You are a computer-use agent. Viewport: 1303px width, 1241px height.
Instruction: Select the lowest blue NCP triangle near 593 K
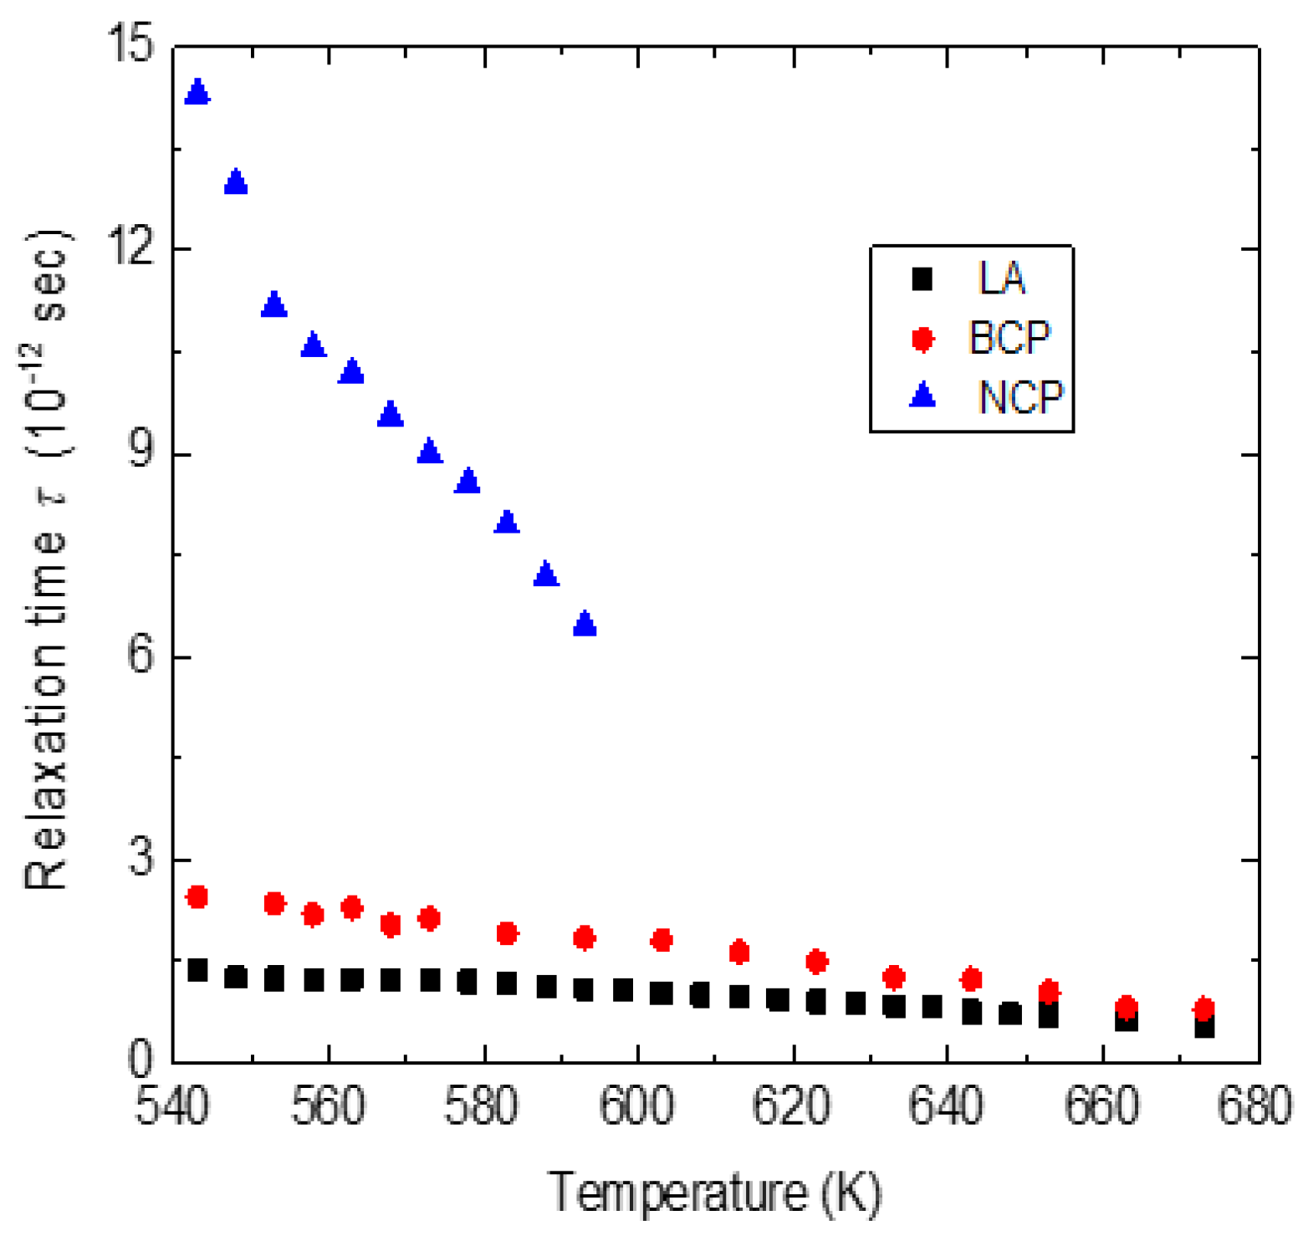(x=585, y=624)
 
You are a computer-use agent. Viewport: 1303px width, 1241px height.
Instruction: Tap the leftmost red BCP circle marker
(x=197, y=897)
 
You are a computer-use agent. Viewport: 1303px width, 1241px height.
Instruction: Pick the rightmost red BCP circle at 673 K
(x=1203, y=1009)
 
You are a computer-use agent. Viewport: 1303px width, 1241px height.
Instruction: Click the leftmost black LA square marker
(x=197, y=970)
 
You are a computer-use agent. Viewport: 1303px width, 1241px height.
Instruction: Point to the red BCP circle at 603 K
(x=662, y=940)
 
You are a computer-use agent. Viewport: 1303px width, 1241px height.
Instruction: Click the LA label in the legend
(x=1001, y=278)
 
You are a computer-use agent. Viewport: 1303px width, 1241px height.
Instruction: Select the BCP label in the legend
(x=1009, y=338)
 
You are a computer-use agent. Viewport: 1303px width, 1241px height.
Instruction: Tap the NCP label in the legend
(x=1020, y=397)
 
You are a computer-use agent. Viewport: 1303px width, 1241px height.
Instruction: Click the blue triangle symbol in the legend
(x=922, y=395)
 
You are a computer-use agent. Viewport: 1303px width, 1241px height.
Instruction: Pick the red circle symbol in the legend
(x=922, y=339)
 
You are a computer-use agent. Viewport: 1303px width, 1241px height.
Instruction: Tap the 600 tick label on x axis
(x=636, y=1106)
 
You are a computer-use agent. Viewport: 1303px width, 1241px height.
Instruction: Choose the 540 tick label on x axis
(x=172, y=1106)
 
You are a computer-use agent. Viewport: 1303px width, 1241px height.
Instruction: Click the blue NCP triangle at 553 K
(x=274, y=305)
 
